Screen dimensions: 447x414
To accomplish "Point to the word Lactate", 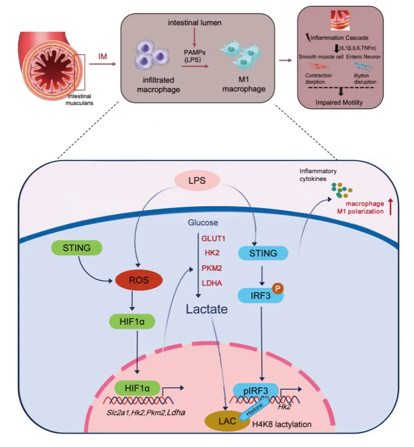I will pyautogui.click(x=207, y=308).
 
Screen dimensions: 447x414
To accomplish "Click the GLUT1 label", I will pyautogui.click(x=213, y=239).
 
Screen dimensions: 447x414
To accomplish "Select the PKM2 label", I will pyautogui.click(x=213, y=269).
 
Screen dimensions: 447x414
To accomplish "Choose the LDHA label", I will pyautogui.click(x=213, y=284).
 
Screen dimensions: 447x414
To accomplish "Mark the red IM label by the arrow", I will pyautogui.click(x=102, y=56).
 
